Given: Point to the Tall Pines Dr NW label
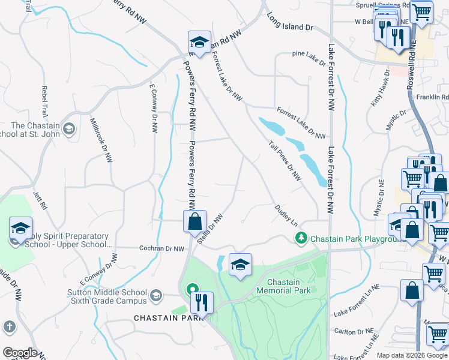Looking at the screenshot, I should click(x=285, y=161).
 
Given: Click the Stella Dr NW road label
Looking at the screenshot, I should click(x=210, y=230).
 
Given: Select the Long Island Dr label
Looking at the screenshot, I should click(x=291, y=23).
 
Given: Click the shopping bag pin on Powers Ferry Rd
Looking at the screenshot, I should click(x=195, y=221).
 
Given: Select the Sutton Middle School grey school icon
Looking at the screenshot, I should click(x=156, y=295).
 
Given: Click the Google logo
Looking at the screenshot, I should click(x=20, y=353).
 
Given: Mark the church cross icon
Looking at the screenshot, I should click(x=9, y=327).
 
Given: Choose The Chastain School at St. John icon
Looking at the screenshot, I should click(x=70, y=128).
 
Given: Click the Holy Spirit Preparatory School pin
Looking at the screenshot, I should click(x=20, y=229).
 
